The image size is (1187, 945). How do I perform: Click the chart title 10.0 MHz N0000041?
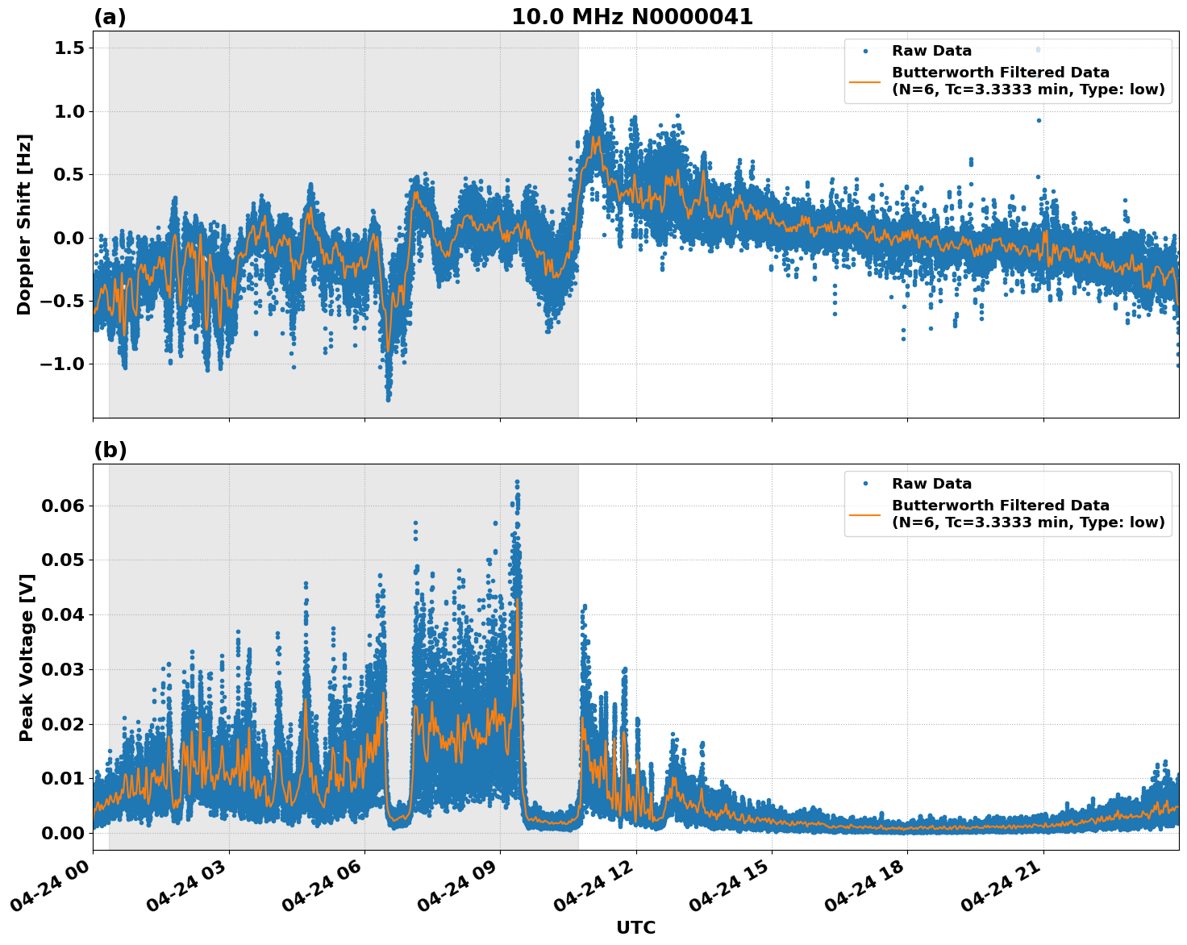click(x=631, y=17)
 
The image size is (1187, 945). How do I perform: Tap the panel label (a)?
click(x=110, y=17)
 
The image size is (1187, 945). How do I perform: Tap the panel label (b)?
click(x=110, y=450)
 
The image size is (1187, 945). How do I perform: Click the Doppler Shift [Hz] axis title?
click(x=24, y=224)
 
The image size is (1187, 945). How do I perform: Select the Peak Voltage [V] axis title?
click(x=27, y=657)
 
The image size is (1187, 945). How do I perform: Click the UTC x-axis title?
click(x=635, y=927)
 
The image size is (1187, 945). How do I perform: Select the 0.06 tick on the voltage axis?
click(x=63, y=506)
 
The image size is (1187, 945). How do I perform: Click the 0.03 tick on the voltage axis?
click(x=63, y=669)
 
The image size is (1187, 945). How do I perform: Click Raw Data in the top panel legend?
click(x=931, y=51)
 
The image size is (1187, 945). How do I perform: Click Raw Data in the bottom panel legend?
click(x=931, y=484)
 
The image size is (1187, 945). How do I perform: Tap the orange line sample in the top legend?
click(x=864, y=81)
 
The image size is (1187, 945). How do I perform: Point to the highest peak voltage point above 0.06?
click(x=517, y=482)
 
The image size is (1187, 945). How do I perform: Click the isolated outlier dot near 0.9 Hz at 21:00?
click(x=1039, y=120)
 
